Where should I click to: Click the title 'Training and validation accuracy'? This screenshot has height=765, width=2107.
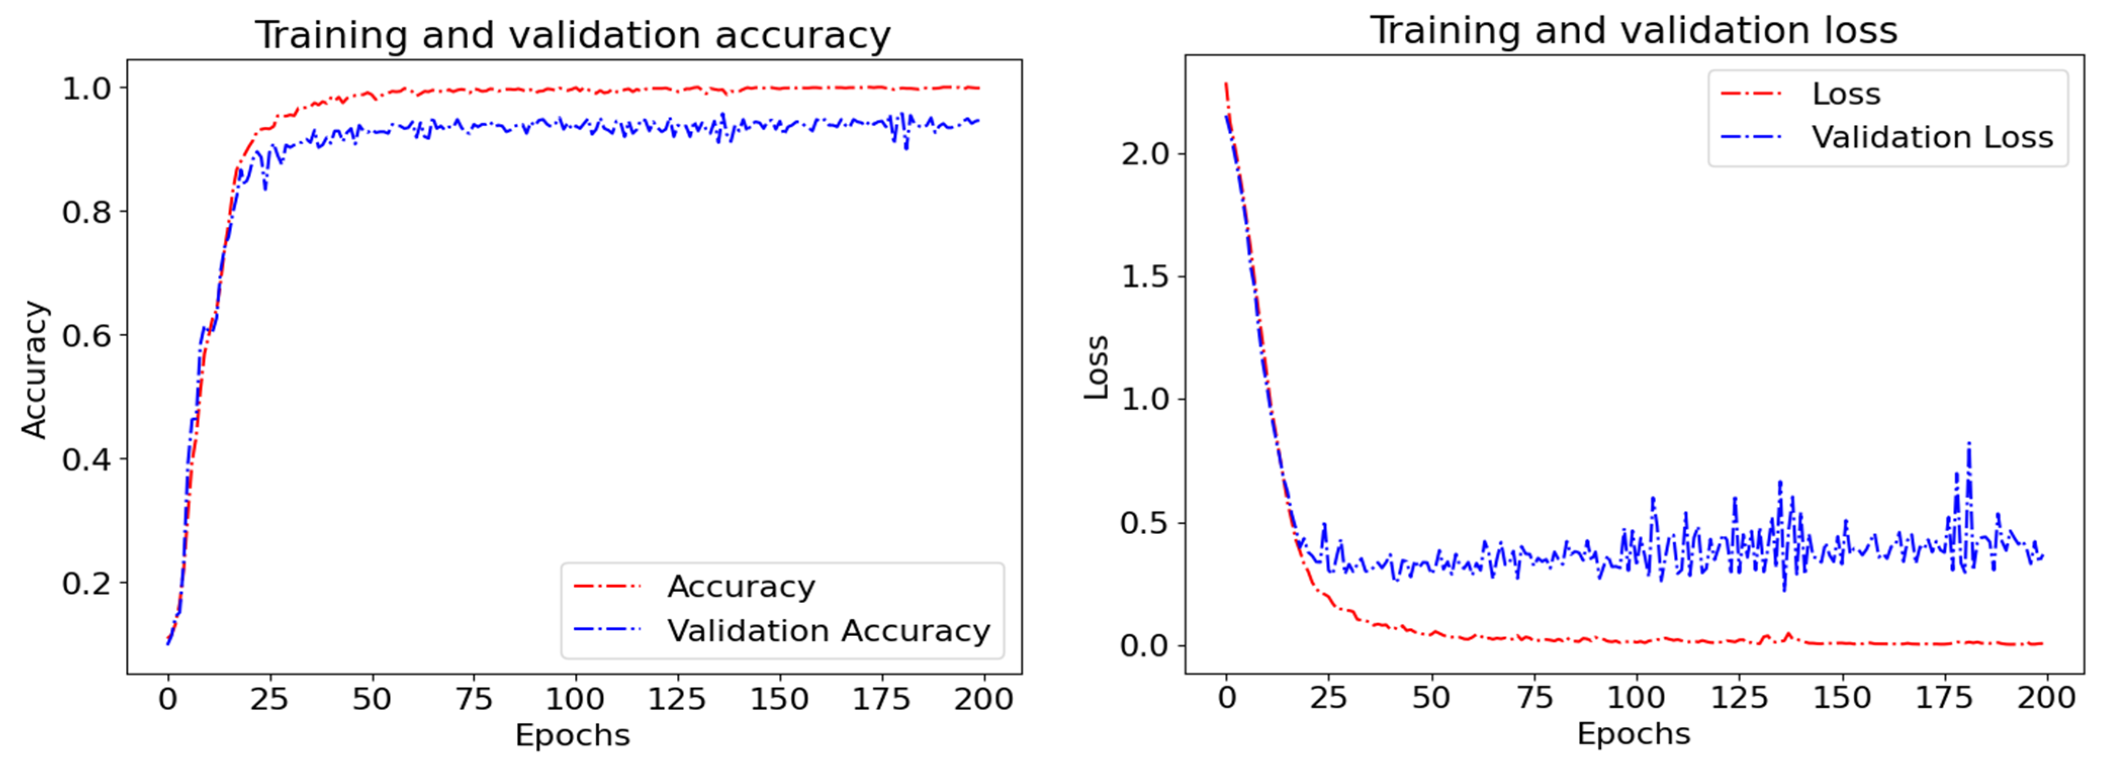(x=573, y=35)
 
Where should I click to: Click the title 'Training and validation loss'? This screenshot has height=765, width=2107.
(x=1633, y=31)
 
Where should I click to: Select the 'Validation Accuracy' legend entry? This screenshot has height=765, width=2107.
(x=828, y=631)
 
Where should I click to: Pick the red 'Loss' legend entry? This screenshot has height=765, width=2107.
(x=1846, y=94)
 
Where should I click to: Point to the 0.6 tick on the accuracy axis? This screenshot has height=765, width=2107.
(x=87, y=336)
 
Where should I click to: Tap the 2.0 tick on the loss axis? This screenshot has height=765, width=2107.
(x=1145, y=154)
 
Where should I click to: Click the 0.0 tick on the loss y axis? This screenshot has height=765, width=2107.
(x=1145, y=646)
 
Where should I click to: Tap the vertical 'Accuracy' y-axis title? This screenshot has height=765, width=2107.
(x=34, y=370)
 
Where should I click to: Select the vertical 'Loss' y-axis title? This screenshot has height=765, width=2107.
(x=1096, y=368)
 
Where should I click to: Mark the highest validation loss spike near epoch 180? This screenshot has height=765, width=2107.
(x=1969, y=445)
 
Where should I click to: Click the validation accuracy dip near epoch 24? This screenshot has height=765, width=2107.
(x=265, y=188)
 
